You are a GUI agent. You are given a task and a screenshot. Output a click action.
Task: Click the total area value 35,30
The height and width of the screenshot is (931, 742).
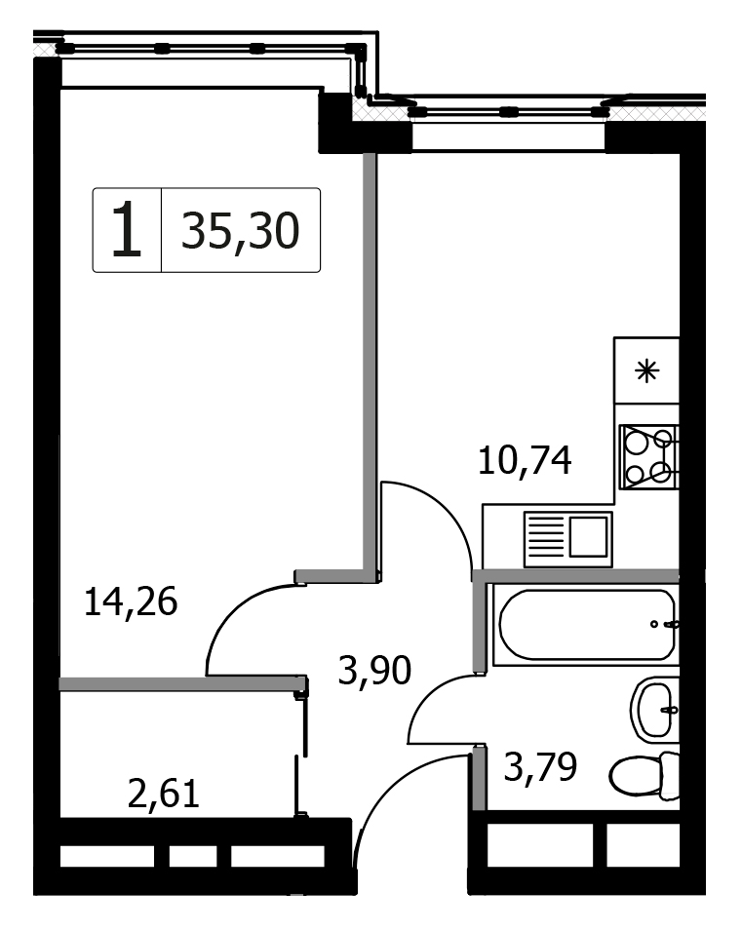[x=240, y=232]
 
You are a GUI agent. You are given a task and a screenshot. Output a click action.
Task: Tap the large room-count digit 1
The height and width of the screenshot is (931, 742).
[x=127, y=229]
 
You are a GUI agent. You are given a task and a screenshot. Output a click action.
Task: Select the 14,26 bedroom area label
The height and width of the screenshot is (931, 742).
[x=131, y=602]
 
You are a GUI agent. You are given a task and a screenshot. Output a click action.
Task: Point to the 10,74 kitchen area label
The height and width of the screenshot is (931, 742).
[x=525, y=461]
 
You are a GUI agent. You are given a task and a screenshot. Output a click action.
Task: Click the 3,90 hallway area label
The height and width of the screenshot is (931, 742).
[x=374, y=671]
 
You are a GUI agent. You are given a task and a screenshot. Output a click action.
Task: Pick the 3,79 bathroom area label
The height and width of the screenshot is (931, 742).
[x=540, y=766]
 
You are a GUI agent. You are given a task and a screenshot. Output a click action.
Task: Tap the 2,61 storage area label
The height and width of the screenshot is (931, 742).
[x=164, y=795]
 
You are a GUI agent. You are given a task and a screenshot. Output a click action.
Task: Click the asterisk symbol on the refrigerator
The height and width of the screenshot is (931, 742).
[x=647, y=371]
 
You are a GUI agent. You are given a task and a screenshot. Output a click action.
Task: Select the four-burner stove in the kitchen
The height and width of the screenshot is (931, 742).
[x=648, y=456]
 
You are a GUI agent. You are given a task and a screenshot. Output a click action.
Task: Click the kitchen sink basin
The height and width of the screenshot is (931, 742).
[x=588, y=537]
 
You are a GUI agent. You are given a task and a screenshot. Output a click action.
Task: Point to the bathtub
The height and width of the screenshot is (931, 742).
[x=586, y=625]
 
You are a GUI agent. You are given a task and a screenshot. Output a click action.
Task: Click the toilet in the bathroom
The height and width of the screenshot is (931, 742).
[x=644, y=775]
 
